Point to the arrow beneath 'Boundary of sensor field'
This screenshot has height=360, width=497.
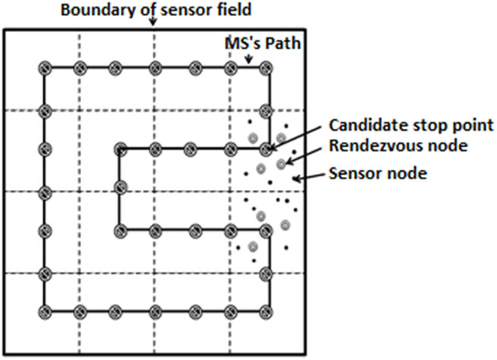pyautogui.click(x=154, y=21)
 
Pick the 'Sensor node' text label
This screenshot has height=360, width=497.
pyautogui.click(x=379, y=172)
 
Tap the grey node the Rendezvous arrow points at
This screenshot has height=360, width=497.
pyautogui.click(x=282, y=163)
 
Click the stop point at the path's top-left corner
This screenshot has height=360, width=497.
pyautogui.click(x=45, y=68)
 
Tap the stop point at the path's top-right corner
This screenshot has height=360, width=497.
pyautogui.click(x=265, y=68)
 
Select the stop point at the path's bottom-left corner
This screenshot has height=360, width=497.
pyautogui.click(x=45, y=311)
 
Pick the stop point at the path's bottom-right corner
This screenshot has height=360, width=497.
pyautogui.click(x=265, y=311)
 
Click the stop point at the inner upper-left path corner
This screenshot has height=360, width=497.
pyautogui.click(x=119, y=149)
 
